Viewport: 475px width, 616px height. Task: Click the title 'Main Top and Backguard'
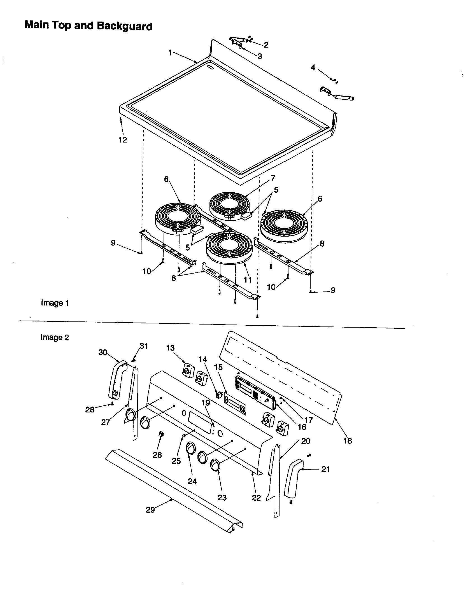click(89, 26)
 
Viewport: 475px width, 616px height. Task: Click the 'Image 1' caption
click(55, 303)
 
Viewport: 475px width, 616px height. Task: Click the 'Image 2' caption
click(55, 337)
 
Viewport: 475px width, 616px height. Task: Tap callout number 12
click(123, 140)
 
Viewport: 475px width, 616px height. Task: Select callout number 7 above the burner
click(273, 178)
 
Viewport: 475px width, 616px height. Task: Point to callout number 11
click(248, 280)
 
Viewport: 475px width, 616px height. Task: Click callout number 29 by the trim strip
click(150, 510)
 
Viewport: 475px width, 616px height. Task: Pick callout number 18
click(348, 440)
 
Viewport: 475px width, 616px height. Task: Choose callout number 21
click(325, 469)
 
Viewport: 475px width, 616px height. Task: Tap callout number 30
click(103, 352)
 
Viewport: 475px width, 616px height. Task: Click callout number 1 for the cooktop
click(170, 53)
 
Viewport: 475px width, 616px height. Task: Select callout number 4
click(313, 68)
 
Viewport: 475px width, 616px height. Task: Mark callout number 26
click(157, 455)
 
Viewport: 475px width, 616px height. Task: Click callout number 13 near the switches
click(170, 348)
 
